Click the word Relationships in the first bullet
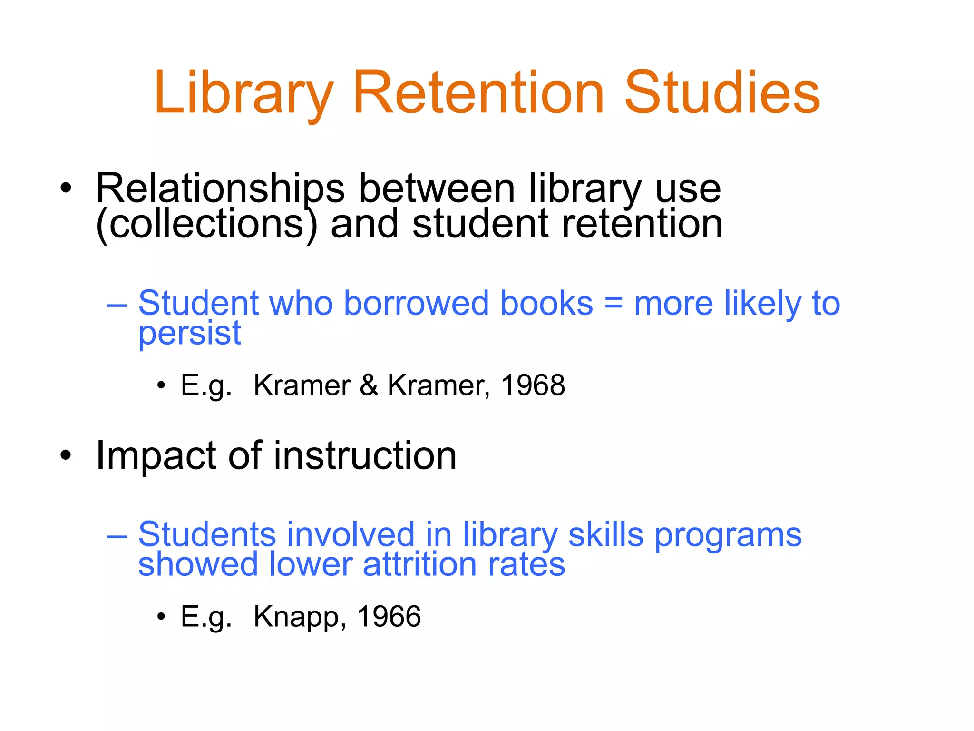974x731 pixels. point(220,189)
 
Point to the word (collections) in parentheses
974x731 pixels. point(206,225)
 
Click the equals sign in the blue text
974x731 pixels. point(614,303)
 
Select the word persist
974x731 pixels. point(190,333)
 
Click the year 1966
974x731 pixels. point(389,617)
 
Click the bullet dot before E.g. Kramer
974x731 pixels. point(161,385)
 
